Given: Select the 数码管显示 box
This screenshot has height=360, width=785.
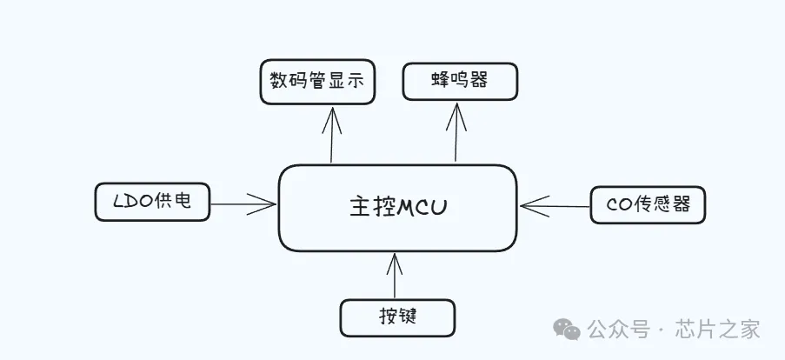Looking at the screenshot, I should point(317,82).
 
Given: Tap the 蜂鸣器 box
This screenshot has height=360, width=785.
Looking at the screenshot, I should point(459,81).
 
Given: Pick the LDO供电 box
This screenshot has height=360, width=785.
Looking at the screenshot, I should point(152,202).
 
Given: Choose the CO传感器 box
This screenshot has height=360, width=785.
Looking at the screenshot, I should point(647,205).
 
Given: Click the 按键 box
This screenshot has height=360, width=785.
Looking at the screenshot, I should point(397,317).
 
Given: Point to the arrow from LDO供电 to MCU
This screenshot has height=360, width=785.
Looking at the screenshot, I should point(243,204).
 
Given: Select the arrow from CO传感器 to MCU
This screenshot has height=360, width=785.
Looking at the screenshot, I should point(555,206).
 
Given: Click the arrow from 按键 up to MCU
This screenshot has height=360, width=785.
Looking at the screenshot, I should point(396,276).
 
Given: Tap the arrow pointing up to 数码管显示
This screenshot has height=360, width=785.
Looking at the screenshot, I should point(331,134).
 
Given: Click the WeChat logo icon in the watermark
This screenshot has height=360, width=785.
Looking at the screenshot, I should point(569,330).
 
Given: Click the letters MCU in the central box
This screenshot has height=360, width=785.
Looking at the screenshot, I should point(423,208).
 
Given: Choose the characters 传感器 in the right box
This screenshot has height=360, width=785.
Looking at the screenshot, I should point(661,206).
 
